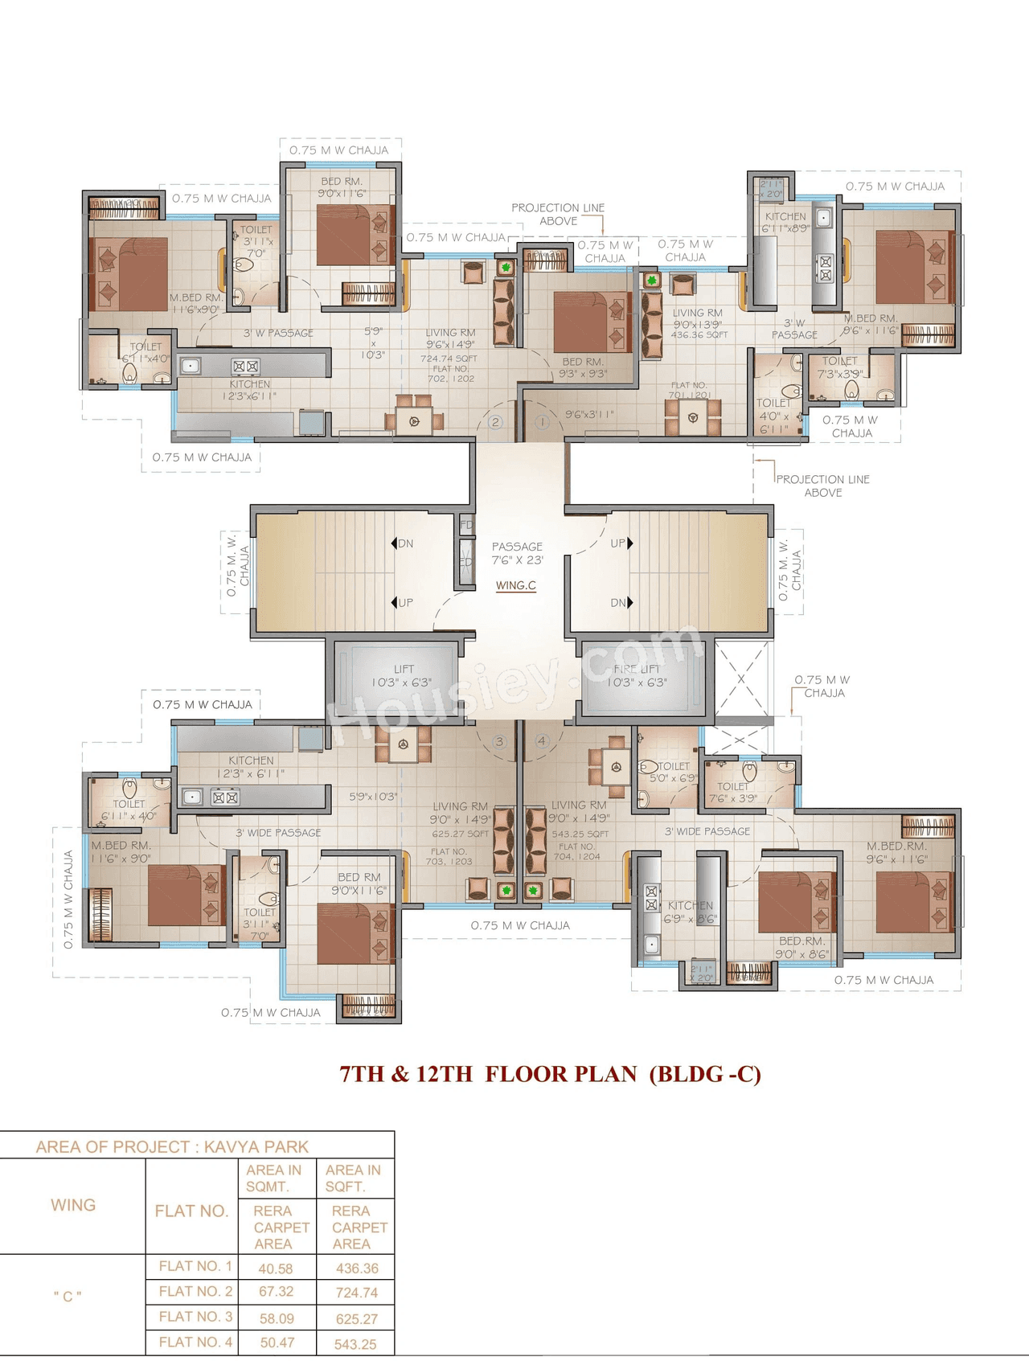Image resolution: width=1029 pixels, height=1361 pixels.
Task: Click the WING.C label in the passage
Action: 516,585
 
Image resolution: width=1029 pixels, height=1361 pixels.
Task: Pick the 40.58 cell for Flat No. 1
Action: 276,1269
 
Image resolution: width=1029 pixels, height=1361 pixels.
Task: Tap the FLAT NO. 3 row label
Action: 195,1317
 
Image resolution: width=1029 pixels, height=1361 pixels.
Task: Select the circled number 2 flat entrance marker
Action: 495,422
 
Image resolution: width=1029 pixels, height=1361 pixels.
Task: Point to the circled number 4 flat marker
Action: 542,741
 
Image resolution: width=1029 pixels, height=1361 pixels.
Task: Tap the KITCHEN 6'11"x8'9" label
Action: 785,222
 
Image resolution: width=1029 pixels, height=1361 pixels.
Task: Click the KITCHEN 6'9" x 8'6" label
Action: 690,912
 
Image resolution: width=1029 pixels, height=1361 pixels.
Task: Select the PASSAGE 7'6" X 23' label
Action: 517,553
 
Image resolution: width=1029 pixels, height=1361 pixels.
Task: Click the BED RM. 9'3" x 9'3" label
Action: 584,367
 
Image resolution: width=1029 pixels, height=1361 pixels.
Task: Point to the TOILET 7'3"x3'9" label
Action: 840,367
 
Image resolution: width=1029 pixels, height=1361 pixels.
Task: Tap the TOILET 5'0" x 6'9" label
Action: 674,772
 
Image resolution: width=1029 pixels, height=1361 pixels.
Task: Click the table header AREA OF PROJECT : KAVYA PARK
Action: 172,1146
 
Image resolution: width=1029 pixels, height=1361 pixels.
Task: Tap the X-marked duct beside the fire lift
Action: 741,679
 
